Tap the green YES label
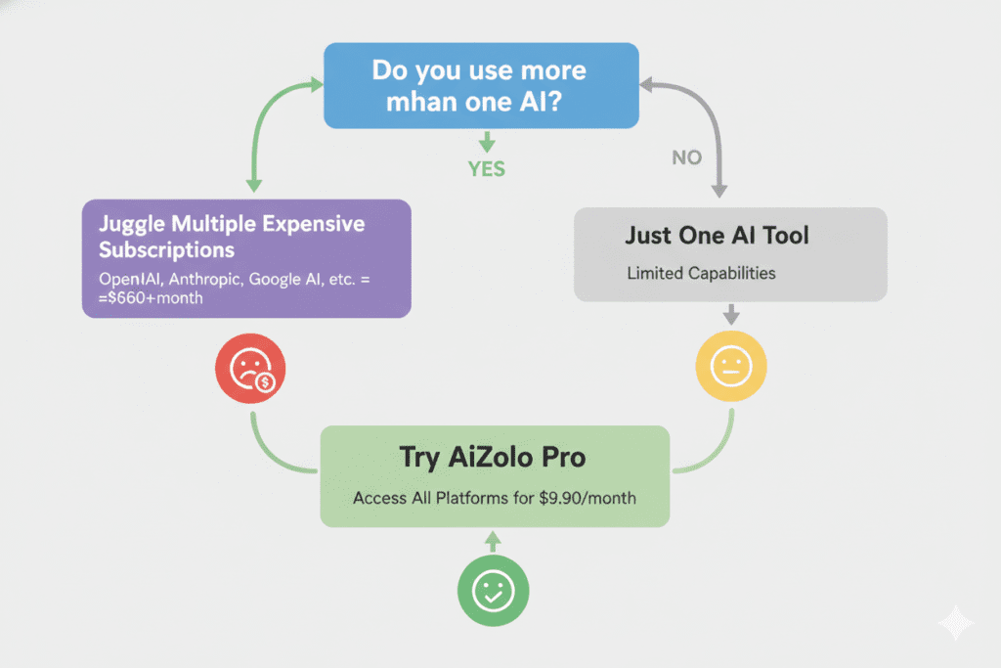click(486, 169)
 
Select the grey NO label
click(686, 157)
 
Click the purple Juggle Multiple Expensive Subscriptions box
click(245, 258)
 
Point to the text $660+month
click(154, 297)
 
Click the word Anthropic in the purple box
click(203, 279)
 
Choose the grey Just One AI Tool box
click(729, 253)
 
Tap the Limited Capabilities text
click(701, 273)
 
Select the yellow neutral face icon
click(730, 368)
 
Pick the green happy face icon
click(493, 590)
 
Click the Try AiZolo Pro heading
click(494, 458)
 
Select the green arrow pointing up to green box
click(493, 540)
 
